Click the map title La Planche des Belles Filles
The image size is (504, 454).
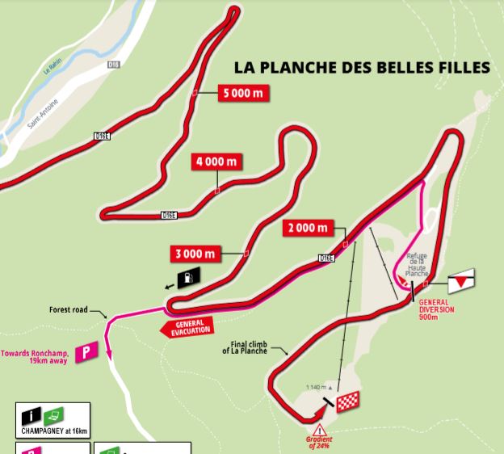[361, 67]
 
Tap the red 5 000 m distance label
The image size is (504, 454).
[243, 94]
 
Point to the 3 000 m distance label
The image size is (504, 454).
[195, 254]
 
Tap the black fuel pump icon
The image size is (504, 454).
[187, 277]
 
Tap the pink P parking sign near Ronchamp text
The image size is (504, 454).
[86, 352]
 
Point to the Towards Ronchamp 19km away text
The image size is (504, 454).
[36, 356]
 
